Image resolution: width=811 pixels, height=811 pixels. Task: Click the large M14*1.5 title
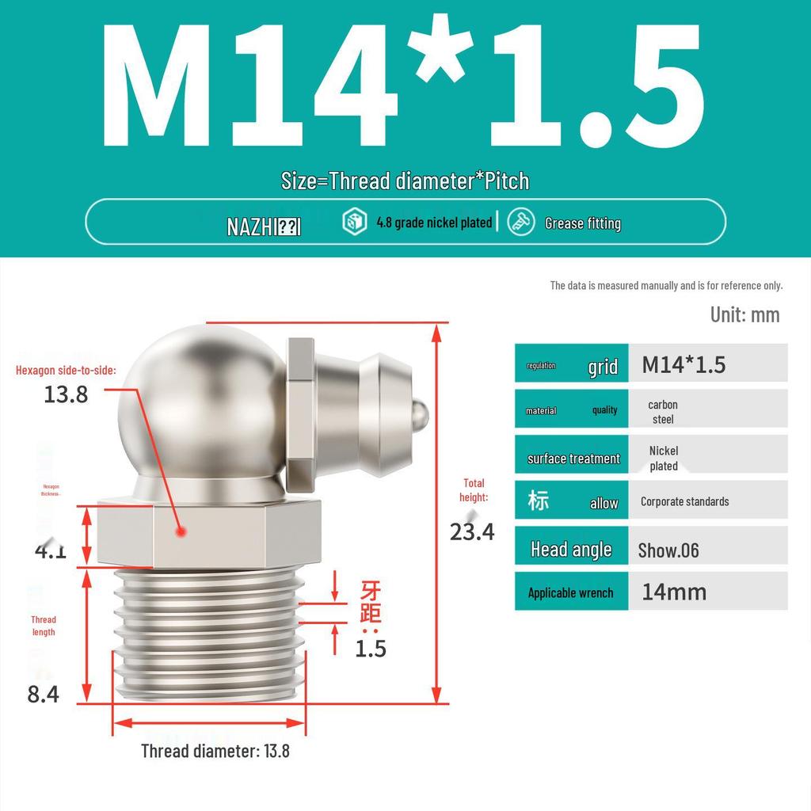404,87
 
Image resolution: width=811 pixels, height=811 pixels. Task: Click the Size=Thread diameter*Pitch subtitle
405,181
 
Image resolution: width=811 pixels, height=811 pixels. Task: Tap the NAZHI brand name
263,227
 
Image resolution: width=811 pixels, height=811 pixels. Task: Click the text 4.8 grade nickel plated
433,223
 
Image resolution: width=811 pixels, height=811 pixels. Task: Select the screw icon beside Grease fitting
521,222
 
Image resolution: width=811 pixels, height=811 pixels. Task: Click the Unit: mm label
744,314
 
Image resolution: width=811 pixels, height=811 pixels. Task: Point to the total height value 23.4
472,531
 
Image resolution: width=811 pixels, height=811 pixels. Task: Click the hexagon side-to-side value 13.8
66,394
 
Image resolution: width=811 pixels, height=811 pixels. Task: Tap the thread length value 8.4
43,694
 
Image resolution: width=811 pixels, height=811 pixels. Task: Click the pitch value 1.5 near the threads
370,649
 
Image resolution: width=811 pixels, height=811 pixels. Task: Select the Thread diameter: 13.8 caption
215,751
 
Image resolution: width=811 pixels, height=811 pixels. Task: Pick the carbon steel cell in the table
663,412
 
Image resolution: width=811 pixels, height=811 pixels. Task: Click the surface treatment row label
573,459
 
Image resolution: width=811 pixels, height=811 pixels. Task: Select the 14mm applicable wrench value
673,592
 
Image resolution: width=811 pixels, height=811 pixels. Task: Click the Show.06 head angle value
668,550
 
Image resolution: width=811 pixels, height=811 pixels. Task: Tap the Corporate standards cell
684,501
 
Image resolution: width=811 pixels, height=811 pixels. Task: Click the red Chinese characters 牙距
371,601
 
